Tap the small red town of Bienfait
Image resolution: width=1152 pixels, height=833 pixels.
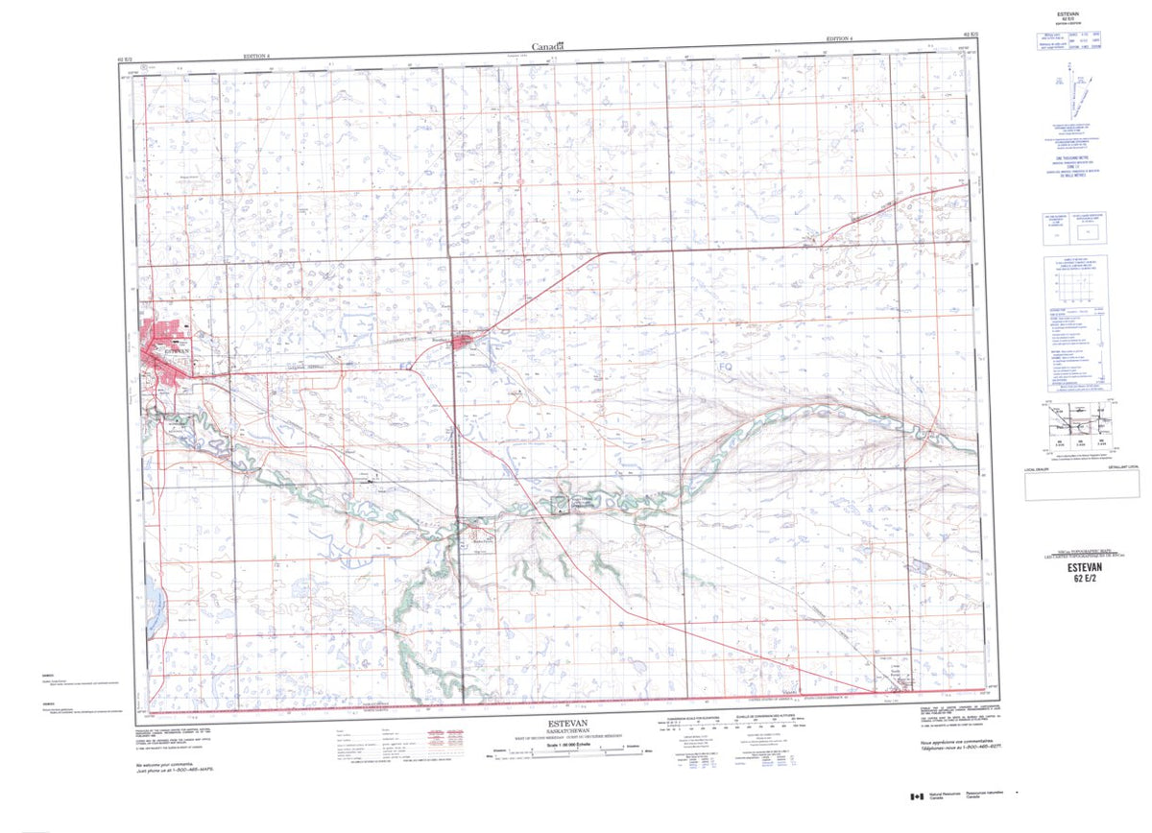[x=463, y=341]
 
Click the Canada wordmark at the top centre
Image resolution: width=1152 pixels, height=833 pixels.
[x=548, y=45]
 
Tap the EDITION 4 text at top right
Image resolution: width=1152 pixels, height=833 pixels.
[x=838, y=39]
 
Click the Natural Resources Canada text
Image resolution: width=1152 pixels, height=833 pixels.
[x=951, y=797]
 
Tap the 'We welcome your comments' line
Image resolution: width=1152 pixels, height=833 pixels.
[x=164, y=764]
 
